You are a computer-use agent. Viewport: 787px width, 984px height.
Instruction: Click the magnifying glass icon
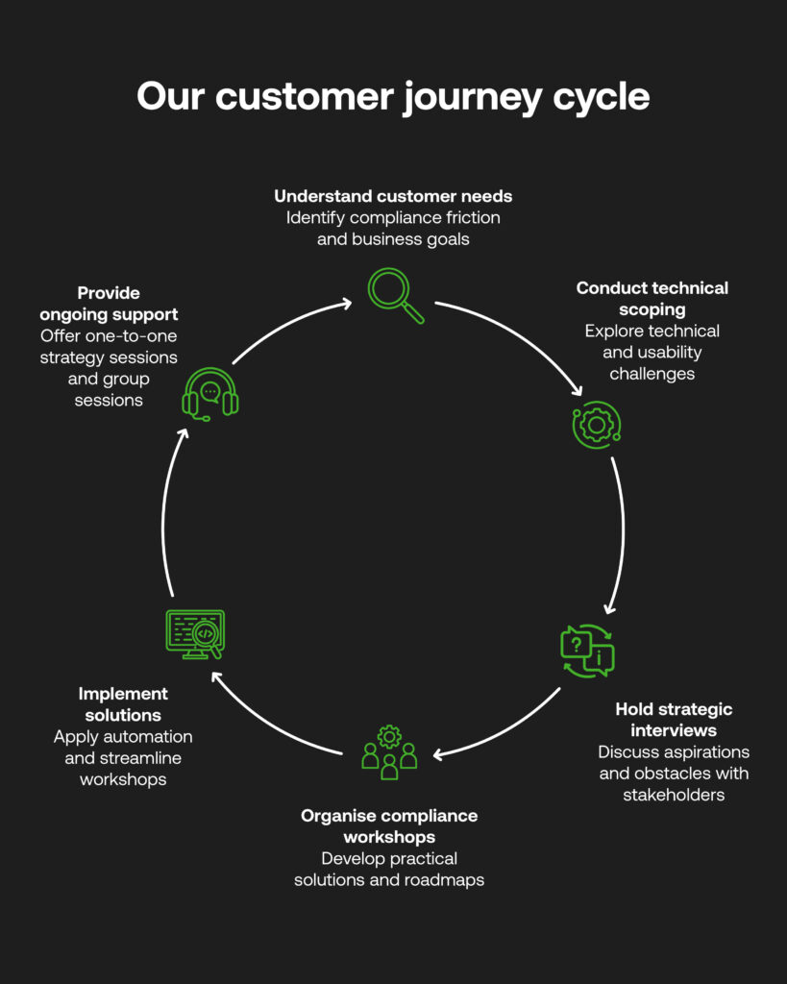click(394, 294)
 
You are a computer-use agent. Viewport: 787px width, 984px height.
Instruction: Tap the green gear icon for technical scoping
click(597, 424)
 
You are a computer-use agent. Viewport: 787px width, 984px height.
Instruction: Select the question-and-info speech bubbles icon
click(587, 651)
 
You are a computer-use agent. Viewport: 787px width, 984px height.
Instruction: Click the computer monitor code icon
click(195, 634)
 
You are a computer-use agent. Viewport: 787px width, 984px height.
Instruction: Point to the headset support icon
click(210, 393)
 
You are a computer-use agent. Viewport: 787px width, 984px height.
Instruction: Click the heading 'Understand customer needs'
click(393, 196)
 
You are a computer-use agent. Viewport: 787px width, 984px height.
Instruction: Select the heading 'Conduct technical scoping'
click(652, 298)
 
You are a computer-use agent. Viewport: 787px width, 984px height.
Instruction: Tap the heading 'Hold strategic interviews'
click(674, 720)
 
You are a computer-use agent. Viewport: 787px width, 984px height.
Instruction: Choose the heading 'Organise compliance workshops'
click(389, 825)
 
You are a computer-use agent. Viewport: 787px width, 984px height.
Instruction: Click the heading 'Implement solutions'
click(123, 703)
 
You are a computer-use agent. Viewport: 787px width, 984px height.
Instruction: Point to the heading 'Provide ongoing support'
click(109, 303)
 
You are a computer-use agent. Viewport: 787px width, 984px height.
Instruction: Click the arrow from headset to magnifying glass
click(288, 326)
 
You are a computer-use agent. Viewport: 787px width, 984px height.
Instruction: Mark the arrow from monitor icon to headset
click(164, 519)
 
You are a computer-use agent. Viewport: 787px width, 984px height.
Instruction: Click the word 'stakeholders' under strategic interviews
click(673, 795)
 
